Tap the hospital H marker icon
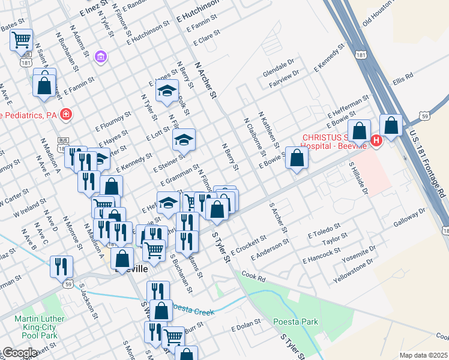pos(376,141)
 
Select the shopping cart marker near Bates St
pos(22,40)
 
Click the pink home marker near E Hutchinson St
pos(101,57)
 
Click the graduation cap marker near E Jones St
pos(167,91)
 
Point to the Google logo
pos(19,353)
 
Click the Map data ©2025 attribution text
pos(423,355)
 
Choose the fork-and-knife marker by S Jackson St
pos(62,266)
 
